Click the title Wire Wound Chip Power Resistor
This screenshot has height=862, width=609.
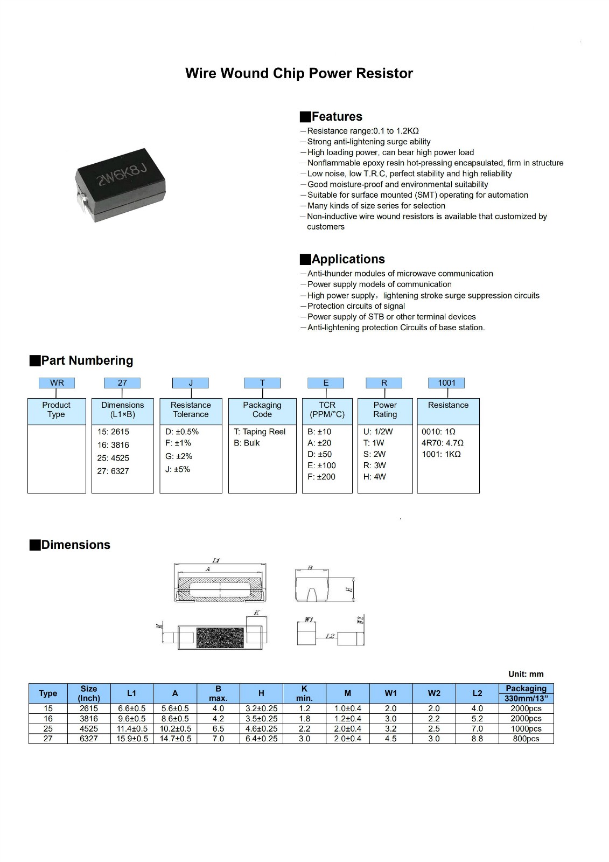(x=299, y=73)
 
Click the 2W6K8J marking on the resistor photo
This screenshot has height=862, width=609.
(x=122, y=175)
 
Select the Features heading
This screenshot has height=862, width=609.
(x=337, y=116)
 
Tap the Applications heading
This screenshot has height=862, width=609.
(x=348, y=259)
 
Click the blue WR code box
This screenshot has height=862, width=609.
(x=57, y=383)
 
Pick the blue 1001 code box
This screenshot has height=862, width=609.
(x=446, y=383)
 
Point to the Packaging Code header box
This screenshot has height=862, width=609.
(x=262, y=410)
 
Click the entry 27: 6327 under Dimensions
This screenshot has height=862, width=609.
(x=113, y=471)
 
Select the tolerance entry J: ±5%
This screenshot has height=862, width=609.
(x=178, y=469)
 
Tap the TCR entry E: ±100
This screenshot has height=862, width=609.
(x=321, y=465)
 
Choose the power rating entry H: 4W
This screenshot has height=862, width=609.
(x=375, y=477)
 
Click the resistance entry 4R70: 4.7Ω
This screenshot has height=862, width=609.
(x=443, y=443)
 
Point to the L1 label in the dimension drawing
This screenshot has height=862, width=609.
(x=216, y=561)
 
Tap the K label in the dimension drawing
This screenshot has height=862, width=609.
(x=257, y=613)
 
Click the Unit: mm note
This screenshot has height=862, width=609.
(x=526, y=674)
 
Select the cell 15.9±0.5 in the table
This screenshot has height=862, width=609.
(x=132, y=739)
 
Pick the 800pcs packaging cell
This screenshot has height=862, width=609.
(x=526, y=739)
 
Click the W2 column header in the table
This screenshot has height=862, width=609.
(x=434, y=693)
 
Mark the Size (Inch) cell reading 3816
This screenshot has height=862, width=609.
(x=89, y=719)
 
